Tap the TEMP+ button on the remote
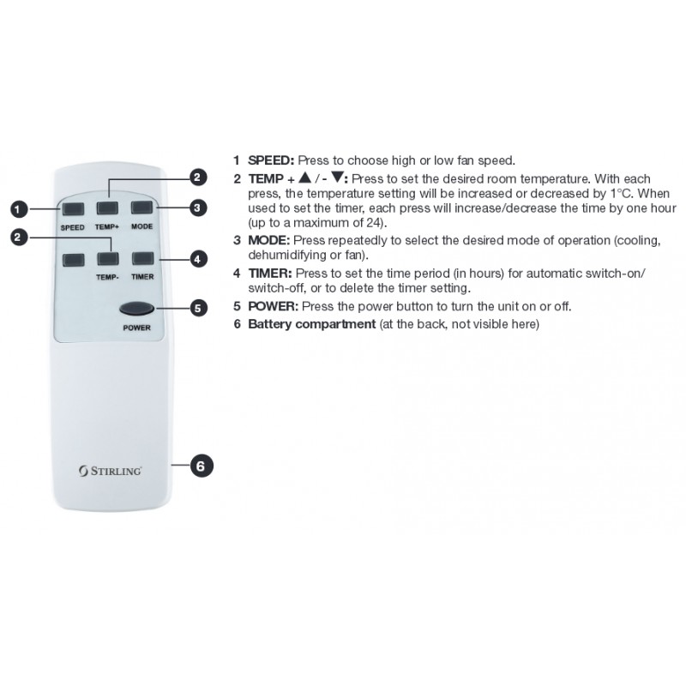coord(107,208)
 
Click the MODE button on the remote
coord(142,208)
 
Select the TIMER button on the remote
coord(142,259)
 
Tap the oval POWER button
coord(136,309)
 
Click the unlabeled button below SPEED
coord(73,260)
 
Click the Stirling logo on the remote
coord(111,471)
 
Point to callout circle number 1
coord(18,209)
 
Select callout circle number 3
coord(197,208)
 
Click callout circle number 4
coord(198,259)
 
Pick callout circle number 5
coord(198,309)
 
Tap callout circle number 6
coord(201,466)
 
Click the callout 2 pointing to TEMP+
coord(197,178)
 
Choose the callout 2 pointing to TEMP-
coord(18,238)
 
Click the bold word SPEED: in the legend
coord(271,160)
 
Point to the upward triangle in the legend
coord(305,178)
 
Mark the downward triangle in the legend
coord(337,178)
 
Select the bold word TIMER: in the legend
coord(270,274)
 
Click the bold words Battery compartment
coord(312,324)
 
